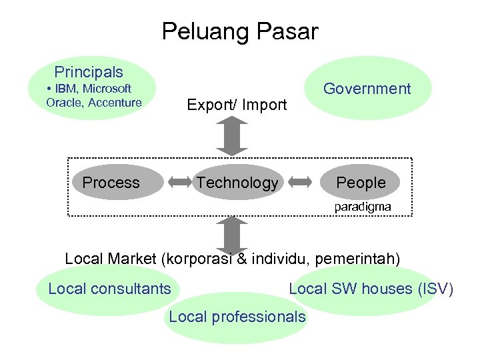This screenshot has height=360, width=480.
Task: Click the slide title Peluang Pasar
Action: [x=240, y=31]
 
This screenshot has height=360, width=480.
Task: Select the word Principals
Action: [x=89, y=72]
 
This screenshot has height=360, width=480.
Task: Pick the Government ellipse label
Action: [x=367, y=89]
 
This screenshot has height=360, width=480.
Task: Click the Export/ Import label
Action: [x=237, y=105]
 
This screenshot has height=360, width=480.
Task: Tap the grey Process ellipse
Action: [x=111, y=183]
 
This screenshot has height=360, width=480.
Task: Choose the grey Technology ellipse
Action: [x=237, y=183]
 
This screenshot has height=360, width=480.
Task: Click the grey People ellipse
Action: [x=361, y=183]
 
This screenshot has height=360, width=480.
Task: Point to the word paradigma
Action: [x=363, y=207]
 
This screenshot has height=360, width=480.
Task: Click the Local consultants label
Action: [x=109, y=289]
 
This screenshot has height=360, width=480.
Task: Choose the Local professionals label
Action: [x=237, y=317]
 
